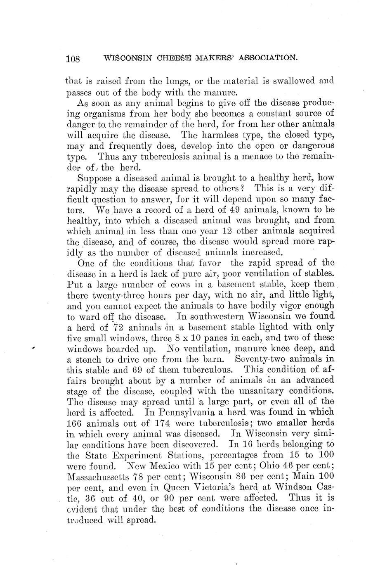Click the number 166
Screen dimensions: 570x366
pos(76,423)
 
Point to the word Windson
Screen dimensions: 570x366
pos(298,487)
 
